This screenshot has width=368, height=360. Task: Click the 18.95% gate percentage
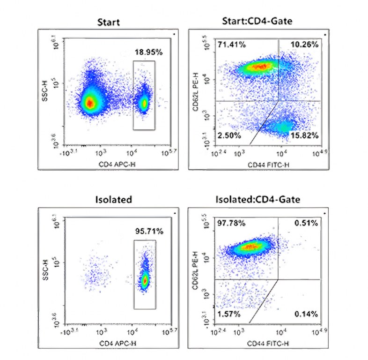(149, 52)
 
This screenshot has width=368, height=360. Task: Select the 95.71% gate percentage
(149, 231)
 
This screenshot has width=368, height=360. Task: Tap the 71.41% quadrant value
(231, 45)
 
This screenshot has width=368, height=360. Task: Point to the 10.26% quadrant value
(304, 45)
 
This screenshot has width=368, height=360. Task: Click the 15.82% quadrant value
(304, 135)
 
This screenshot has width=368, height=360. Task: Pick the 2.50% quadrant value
(229, 135)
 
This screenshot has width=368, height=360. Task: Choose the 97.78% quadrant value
(231, 223)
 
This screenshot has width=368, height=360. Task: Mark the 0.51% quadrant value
(307, 223)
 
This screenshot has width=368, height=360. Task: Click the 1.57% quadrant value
(229, 313)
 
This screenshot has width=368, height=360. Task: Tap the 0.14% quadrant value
(307, 313)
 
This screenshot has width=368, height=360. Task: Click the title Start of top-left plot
(109, 22)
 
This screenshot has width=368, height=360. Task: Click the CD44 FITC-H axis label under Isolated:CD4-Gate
(266, 344)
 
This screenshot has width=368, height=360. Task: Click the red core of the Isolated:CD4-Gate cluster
(252, 246)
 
